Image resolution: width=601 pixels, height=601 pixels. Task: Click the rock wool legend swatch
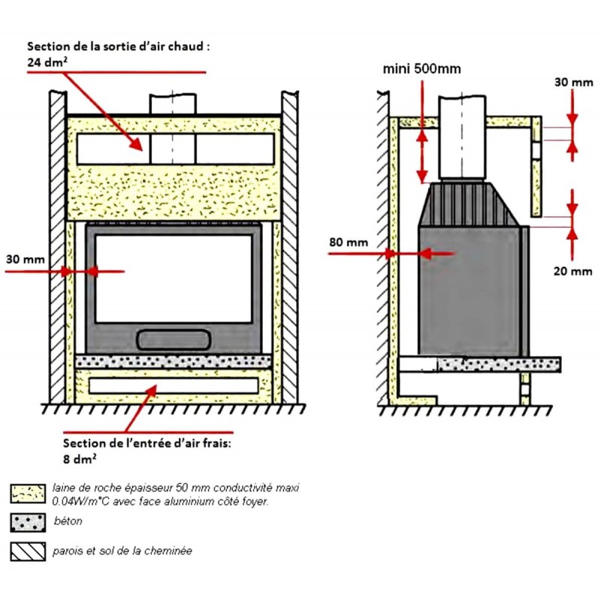point(26,494)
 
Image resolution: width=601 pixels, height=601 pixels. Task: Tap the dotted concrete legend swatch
point(26,521)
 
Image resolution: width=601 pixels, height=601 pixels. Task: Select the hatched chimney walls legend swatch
point(26,551)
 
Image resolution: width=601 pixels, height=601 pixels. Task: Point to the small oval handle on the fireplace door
point(173,339)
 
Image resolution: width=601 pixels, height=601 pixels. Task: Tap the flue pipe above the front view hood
point(173,104)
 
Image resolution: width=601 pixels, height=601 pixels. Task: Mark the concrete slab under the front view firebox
point(173,361)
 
